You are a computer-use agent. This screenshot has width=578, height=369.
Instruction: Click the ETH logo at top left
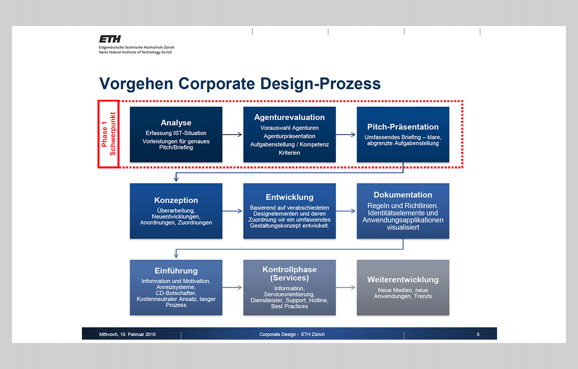(x=110, y=39)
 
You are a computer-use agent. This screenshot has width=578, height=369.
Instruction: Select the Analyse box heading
(x=176, y=123)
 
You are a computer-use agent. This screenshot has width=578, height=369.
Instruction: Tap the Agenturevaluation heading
(x=289, y=118)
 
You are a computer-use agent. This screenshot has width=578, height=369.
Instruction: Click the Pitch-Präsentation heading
(x=403, y=127)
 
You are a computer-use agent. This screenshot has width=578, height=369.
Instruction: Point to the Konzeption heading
(x=176, y=200)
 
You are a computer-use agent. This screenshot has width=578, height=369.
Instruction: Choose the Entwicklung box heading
(x=289, y=198)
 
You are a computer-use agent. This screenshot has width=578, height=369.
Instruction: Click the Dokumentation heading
(x=403, y=195)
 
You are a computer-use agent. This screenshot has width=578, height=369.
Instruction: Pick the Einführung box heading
(x=176, y=271)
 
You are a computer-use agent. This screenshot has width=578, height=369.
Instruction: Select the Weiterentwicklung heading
(x=403, y=280)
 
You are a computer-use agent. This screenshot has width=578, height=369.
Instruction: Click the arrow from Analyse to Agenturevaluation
(x=233, y=135)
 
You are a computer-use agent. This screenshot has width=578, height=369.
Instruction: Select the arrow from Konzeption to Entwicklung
(x=233, y=211)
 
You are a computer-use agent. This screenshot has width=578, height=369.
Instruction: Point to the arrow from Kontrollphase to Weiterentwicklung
(x=346, y=288)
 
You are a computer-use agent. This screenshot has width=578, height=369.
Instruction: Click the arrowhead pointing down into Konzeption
(x=176, y=179)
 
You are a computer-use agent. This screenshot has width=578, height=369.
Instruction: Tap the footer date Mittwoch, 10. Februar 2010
(x=127, y=334)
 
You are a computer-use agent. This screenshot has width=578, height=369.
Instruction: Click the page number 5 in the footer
(x=478, y=334)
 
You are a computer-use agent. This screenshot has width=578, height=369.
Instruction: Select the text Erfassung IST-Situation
(x=176, y=133)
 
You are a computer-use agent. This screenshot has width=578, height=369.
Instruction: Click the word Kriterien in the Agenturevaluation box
(x=289, y=153)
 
